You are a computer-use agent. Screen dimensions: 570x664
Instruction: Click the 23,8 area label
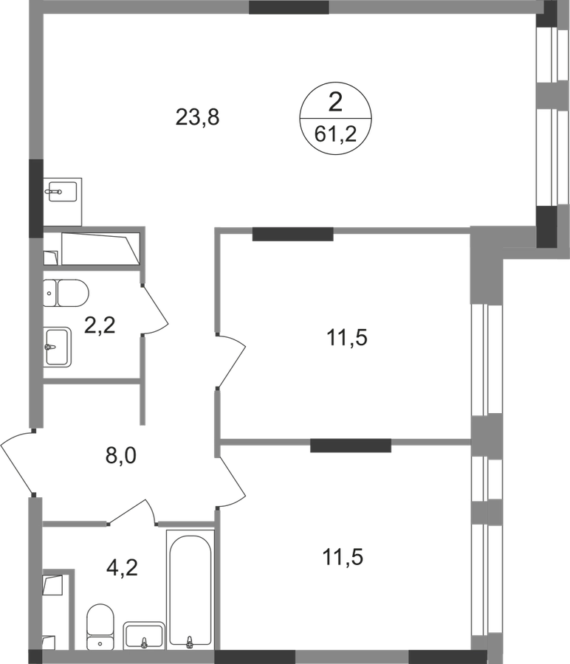point(197,117)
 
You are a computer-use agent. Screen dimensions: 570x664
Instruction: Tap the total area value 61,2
point(335,135)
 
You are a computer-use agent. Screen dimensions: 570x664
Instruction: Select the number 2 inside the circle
point(335,103)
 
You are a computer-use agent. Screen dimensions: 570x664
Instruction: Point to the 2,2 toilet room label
point(100,325)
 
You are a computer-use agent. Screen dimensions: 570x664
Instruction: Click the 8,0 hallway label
point(121,456)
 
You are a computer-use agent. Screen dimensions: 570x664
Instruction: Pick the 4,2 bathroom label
point(122,567)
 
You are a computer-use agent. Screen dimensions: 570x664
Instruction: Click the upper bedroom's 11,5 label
point(347,338)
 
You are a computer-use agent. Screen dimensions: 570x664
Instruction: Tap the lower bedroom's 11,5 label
point(343,557)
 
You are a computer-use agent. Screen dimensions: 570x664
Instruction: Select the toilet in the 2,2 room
point(66,293)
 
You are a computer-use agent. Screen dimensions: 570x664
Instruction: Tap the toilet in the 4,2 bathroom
point(100,626)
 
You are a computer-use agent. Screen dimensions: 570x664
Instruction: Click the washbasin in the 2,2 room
point(57,347)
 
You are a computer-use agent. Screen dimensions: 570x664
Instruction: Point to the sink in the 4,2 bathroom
point(144,635)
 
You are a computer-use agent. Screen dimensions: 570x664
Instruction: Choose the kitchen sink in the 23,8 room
point(62,191)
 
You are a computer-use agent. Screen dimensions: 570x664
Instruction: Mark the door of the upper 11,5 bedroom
point(231,361)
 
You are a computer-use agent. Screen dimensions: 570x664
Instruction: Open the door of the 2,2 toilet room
point(155,309)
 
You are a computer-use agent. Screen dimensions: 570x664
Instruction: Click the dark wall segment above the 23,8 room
point(289,7)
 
